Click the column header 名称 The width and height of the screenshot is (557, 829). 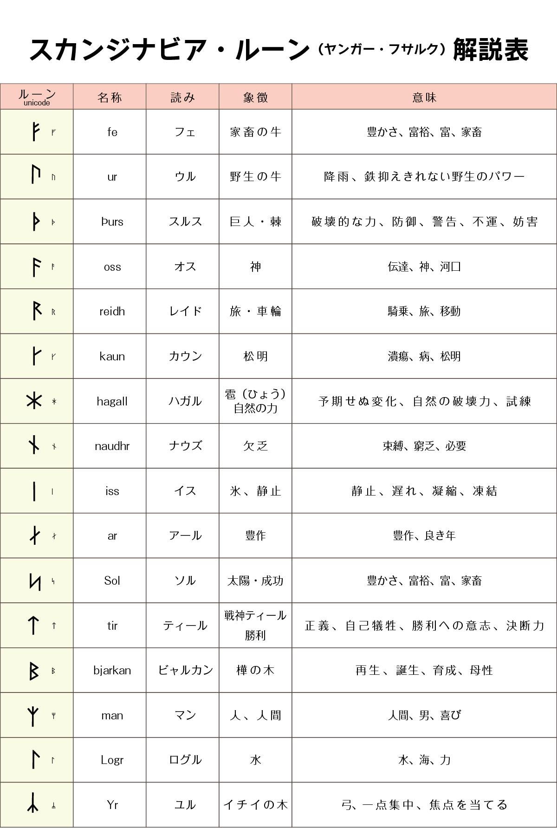[110, 97]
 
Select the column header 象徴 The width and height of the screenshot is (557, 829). [255, 97]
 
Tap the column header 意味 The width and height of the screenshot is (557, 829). [424, 97]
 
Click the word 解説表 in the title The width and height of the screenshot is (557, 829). [491, 49]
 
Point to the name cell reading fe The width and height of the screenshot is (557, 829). [112, 132]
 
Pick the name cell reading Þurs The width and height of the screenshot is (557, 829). [112, 222]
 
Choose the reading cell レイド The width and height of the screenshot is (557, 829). [185, 311]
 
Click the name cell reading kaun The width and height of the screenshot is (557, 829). [112, 356]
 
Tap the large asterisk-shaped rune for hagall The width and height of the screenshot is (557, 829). [34, 401]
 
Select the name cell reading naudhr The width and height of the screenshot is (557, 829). [112, 446]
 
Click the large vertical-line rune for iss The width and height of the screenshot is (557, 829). [34, 491]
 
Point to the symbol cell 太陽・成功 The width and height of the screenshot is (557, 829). [255, 581]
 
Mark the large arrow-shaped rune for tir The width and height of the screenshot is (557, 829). [33, 625]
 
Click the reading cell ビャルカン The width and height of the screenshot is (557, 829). [185, 670]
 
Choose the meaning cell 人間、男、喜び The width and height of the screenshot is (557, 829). [424, 715]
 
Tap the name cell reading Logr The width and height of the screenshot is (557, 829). [112, 760]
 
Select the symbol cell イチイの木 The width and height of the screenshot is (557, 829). [255, 805]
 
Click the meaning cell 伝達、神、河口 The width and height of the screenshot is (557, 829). [424, 267]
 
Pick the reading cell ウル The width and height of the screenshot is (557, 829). [185, 177]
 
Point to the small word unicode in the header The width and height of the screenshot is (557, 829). [37, 103]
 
